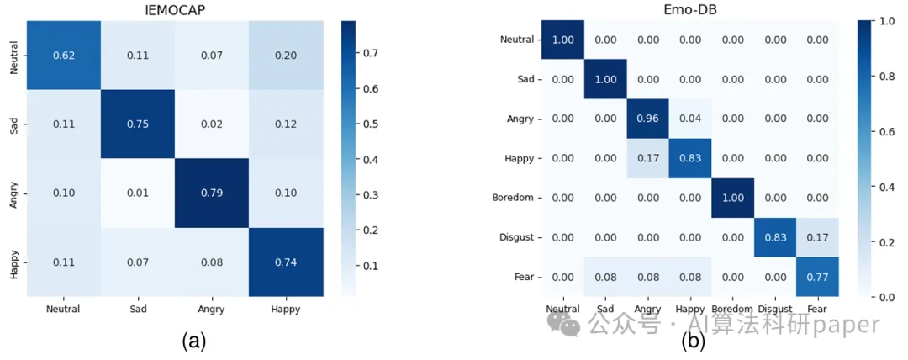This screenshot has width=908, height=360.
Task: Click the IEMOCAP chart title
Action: [x=174, y=9]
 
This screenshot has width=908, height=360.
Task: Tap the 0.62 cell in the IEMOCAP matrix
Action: [x=63, y=54]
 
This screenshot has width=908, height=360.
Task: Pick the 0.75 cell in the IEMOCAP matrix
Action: [x=138, y=124]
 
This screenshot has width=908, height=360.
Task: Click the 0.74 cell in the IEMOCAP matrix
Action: [x=286, y=262]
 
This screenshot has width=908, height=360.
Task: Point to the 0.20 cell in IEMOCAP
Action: [x=286, y=54]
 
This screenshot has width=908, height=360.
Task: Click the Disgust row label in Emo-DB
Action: [x=516, y=236]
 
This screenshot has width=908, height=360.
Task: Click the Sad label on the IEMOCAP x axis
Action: [x=138, y=309]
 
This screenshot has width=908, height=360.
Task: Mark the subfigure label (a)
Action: [x=193, y=340]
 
